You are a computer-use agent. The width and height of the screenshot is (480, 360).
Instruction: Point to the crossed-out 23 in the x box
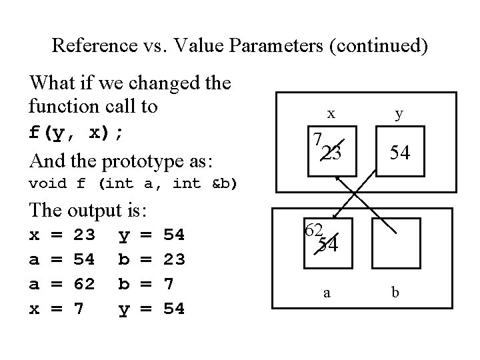click(x=331, y=154)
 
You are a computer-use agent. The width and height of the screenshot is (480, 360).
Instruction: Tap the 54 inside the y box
click(x=399, y=154)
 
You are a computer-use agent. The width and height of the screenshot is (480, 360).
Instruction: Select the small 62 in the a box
click(x=313, y=230)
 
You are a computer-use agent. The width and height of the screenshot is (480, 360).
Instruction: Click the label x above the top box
click(x=331, y=114)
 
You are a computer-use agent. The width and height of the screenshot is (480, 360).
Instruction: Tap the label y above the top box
click(x=399, y=114)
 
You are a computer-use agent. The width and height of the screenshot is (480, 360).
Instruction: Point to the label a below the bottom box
click(x=327, y=291)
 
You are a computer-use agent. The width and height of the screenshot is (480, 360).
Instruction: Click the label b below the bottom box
click(x=396, y=291)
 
